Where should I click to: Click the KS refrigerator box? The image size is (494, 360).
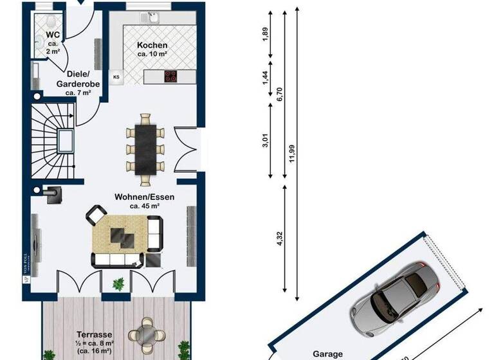116,77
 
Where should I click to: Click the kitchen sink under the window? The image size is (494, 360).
152,17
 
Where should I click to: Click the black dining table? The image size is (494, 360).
145,148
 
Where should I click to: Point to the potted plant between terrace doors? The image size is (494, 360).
118,283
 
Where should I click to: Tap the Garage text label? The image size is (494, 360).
328,354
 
